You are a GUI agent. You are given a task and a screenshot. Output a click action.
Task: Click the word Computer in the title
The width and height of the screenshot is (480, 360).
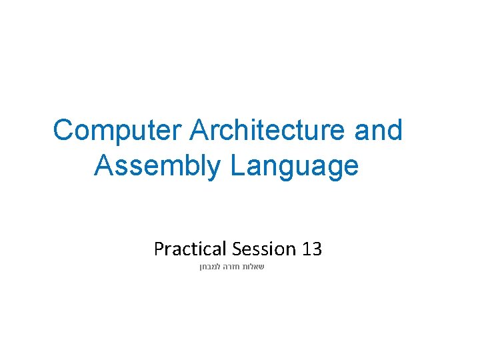118,131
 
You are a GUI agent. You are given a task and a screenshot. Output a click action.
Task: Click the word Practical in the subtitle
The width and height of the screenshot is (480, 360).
190,249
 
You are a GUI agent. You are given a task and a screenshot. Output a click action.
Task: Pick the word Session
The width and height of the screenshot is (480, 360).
264,249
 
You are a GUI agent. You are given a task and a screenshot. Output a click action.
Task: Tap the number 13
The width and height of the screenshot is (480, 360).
312,249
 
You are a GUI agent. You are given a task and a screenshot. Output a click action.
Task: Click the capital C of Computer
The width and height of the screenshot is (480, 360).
64,131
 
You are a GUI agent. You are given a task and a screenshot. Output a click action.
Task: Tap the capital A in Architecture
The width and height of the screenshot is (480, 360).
199,131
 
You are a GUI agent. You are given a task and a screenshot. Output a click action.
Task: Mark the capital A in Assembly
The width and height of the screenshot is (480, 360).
105,166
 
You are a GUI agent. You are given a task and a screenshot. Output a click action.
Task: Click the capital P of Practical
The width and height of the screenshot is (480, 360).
159,249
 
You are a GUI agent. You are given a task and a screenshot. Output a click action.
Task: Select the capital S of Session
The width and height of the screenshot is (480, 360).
238,249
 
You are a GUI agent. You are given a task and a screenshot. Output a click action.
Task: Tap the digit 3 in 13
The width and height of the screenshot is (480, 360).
317,249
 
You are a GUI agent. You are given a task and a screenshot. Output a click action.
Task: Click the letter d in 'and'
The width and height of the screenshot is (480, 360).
394,131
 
